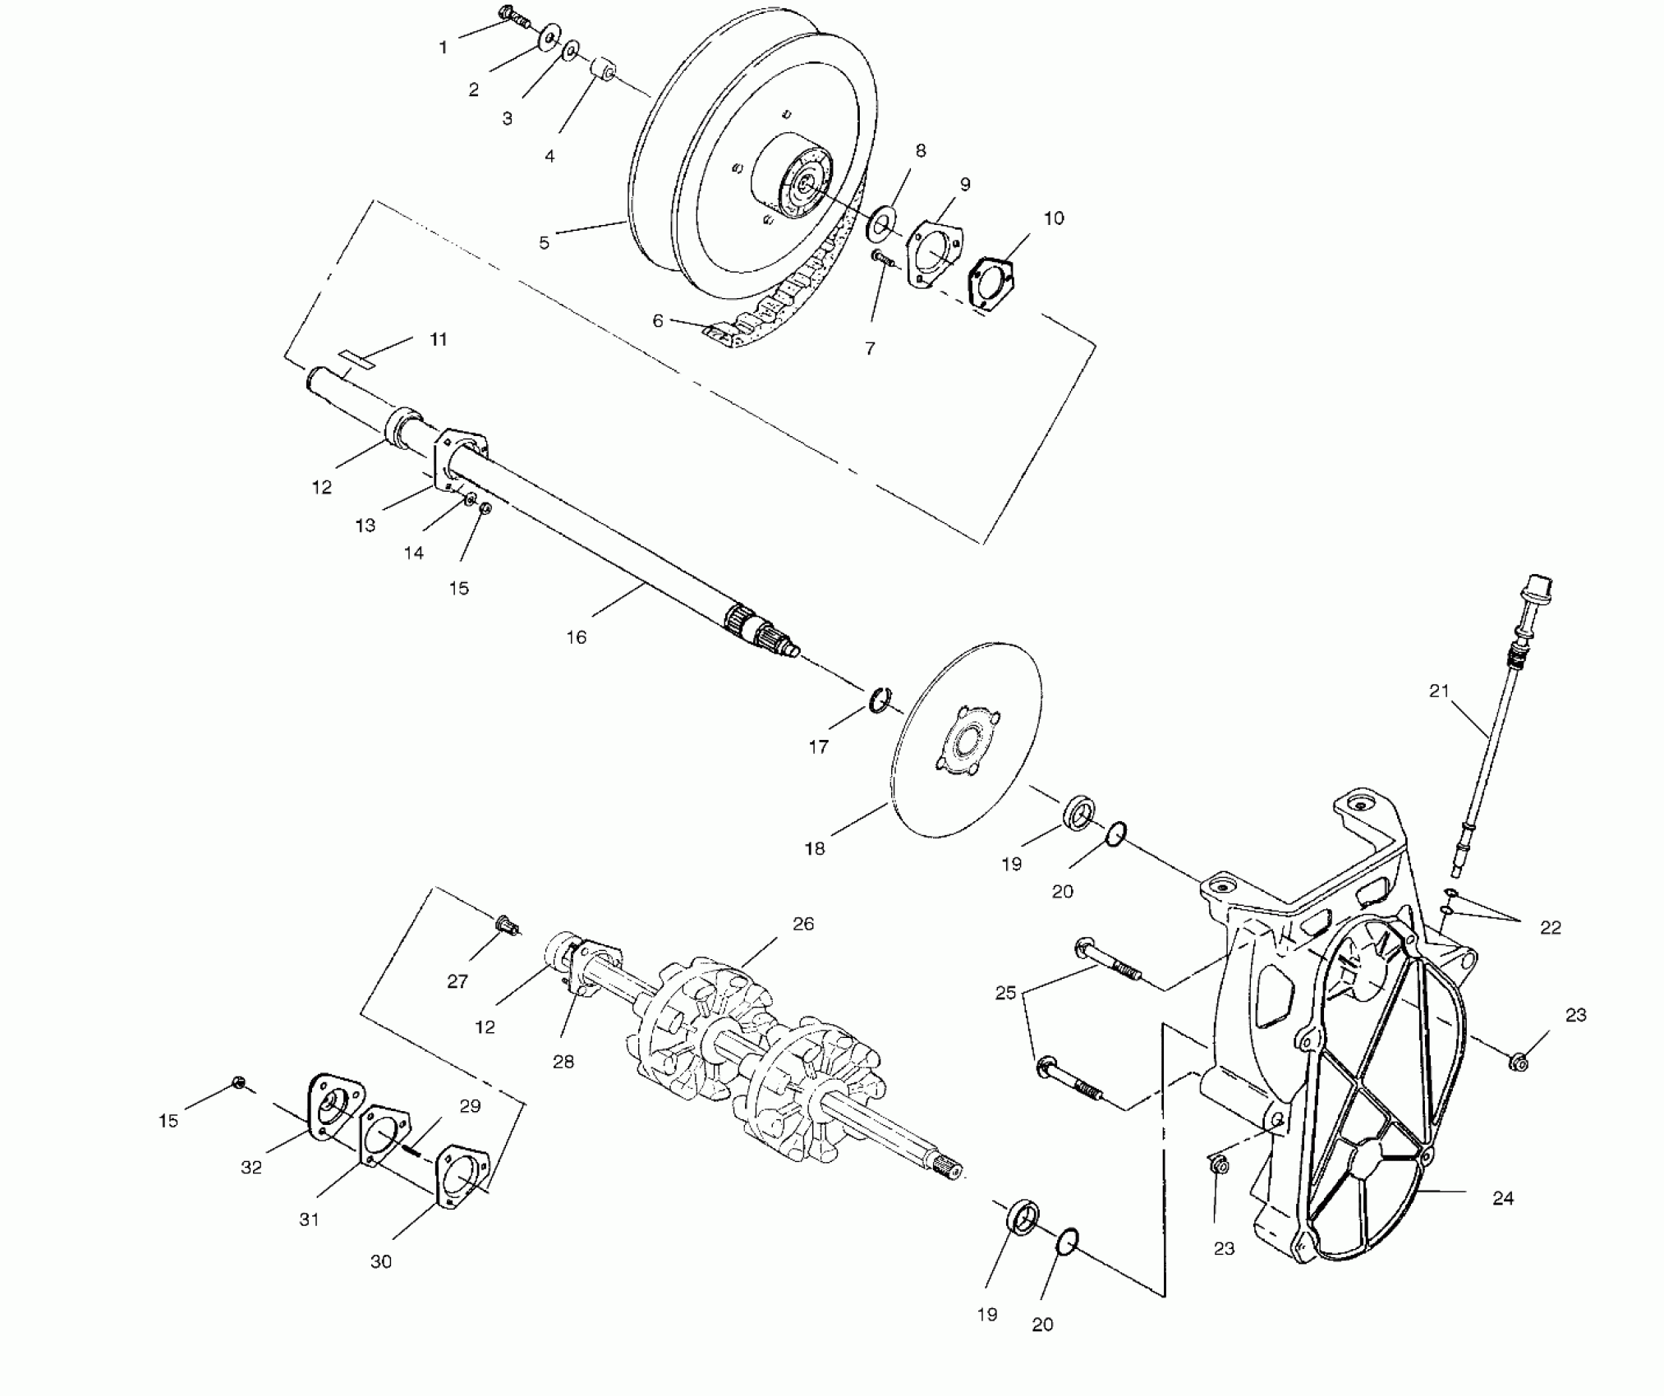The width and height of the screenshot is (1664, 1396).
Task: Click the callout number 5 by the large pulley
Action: click(545, 243)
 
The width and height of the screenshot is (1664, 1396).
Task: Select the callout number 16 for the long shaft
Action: click(577, 637)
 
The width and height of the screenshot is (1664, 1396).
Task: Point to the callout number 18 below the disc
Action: click(815, 849)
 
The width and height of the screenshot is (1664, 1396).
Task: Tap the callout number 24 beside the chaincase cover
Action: click(1503, 1198)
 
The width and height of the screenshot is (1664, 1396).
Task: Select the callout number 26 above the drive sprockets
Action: click(803, 924)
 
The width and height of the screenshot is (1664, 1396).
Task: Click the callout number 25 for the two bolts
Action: click(1006, 993)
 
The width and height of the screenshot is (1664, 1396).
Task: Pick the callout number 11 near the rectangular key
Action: click(439, 339)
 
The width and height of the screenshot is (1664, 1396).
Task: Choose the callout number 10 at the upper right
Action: click(1054, 218)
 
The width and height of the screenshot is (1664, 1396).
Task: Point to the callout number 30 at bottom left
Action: click(381, 1261)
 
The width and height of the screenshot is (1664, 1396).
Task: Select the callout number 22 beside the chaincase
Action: click(1551, 927)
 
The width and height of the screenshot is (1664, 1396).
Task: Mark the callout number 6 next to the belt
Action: click(658, 321)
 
